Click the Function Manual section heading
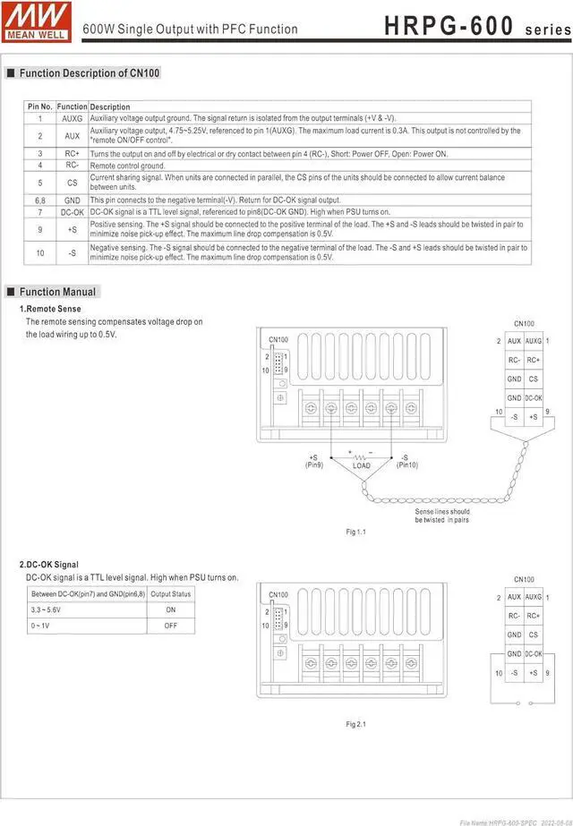pyautogui.click(x=57, y=292)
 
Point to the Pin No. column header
pyautogui.click(x=40, y=106)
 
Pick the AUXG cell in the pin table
pyautogui.click(x=72, y=118)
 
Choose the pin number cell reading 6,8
pyautogui.click(x=40, y=200)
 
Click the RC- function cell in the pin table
pyautogui.click(x=72, y=166)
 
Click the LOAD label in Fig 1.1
pyautogui.click(x=362, y=465)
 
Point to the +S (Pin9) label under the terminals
pyautogui.click(x=313, y=461)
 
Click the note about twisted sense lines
pyautogui.click(x=441, y=515)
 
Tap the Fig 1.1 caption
pyautogui.click(x=356, y=532)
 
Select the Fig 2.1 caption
pyautogui.click(x=356, y=724)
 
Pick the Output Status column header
pyautogui.click(x=170, y=594)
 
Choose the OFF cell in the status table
pyautogui.click(x=170, y=626)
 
